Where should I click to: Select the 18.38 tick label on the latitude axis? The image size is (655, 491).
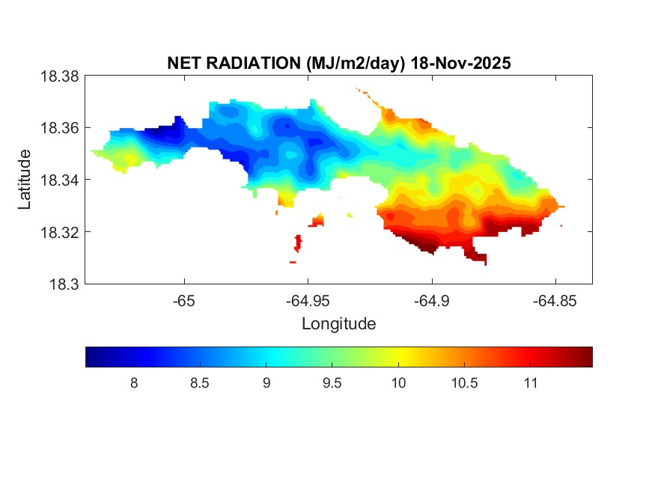tap(59, 76)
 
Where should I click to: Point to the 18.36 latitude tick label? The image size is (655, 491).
tap(59, 128)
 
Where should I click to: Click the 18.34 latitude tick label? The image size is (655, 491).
tap(59, 180)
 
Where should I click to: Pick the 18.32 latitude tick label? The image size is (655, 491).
tap(59, 232)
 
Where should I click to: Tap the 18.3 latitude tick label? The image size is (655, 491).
tap(63, 284)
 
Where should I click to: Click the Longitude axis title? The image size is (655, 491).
tap(338, 324)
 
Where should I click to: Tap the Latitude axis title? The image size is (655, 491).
tap(25, 180)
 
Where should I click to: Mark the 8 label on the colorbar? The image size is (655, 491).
tap(133, 383)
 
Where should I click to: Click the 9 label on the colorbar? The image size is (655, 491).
tap(266, 383)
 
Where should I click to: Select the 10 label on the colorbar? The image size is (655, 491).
tap(398, 383)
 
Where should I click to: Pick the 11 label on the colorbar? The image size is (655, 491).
tap(530, 383)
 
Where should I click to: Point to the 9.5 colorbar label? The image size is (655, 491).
tap(332, 383)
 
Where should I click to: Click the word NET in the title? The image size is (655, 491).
tap(182, 64)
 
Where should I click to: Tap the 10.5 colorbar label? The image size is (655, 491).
tap(464, 383)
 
